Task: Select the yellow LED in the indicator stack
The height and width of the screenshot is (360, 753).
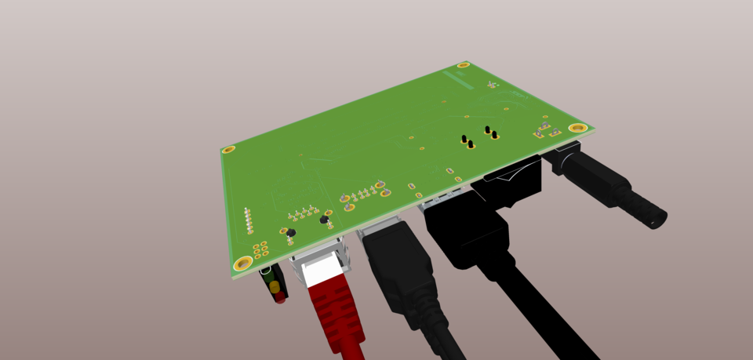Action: click(274, 287)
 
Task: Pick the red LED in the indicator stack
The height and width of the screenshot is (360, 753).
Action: click(277, 298)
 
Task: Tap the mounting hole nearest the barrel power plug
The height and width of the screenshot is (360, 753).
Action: click(579, 127)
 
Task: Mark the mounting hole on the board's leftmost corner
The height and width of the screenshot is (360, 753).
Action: click(229, 149)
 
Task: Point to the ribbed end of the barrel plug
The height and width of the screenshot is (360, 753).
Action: click(651, 214)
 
